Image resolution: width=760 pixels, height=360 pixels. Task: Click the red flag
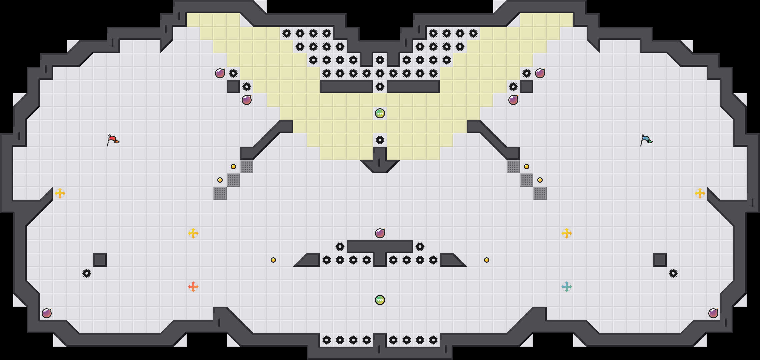click(113, 140)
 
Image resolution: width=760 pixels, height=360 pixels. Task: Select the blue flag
click(646, 140)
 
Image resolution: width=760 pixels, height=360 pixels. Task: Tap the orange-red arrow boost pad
click(193, 287)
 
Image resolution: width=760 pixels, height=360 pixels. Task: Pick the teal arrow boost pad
click(567, 287)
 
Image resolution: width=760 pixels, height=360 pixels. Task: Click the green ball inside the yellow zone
click(380, 113)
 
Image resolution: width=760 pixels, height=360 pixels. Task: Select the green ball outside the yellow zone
click(380, 300)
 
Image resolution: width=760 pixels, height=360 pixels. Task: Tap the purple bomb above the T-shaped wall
click(380, 233)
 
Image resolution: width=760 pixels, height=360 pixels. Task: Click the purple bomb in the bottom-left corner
click(47, 313)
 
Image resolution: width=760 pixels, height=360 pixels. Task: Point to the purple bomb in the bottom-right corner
click(713, 313)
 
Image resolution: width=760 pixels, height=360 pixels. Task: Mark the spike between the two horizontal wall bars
click(380, 87)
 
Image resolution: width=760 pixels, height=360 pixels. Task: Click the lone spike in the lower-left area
click(87, 273)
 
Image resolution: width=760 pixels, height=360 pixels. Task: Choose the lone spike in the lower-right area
click(673, 273)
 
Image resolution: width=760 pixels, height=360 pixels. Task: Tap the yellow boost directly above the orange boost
click(193, 233)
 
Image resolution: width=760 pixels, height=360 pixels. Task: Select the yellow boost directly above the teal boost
click(567, 233)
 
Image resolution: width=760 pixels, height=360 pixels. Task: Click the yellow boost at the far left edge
click(60, 193)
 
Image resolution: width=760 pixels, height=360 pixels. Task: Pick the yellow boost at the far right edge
click(700, 193)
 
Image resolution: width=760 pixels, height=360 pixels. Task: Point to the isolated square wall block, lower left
click(100, 260)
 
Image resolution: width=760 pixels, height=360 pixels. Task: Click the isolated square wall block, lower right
click(660, 260)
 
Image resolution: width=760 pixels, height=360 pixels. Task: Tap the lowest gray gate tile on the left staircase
click(220, 193)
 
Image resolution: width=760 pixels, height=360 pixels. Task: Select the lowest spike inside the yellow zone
click(380, 140)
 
